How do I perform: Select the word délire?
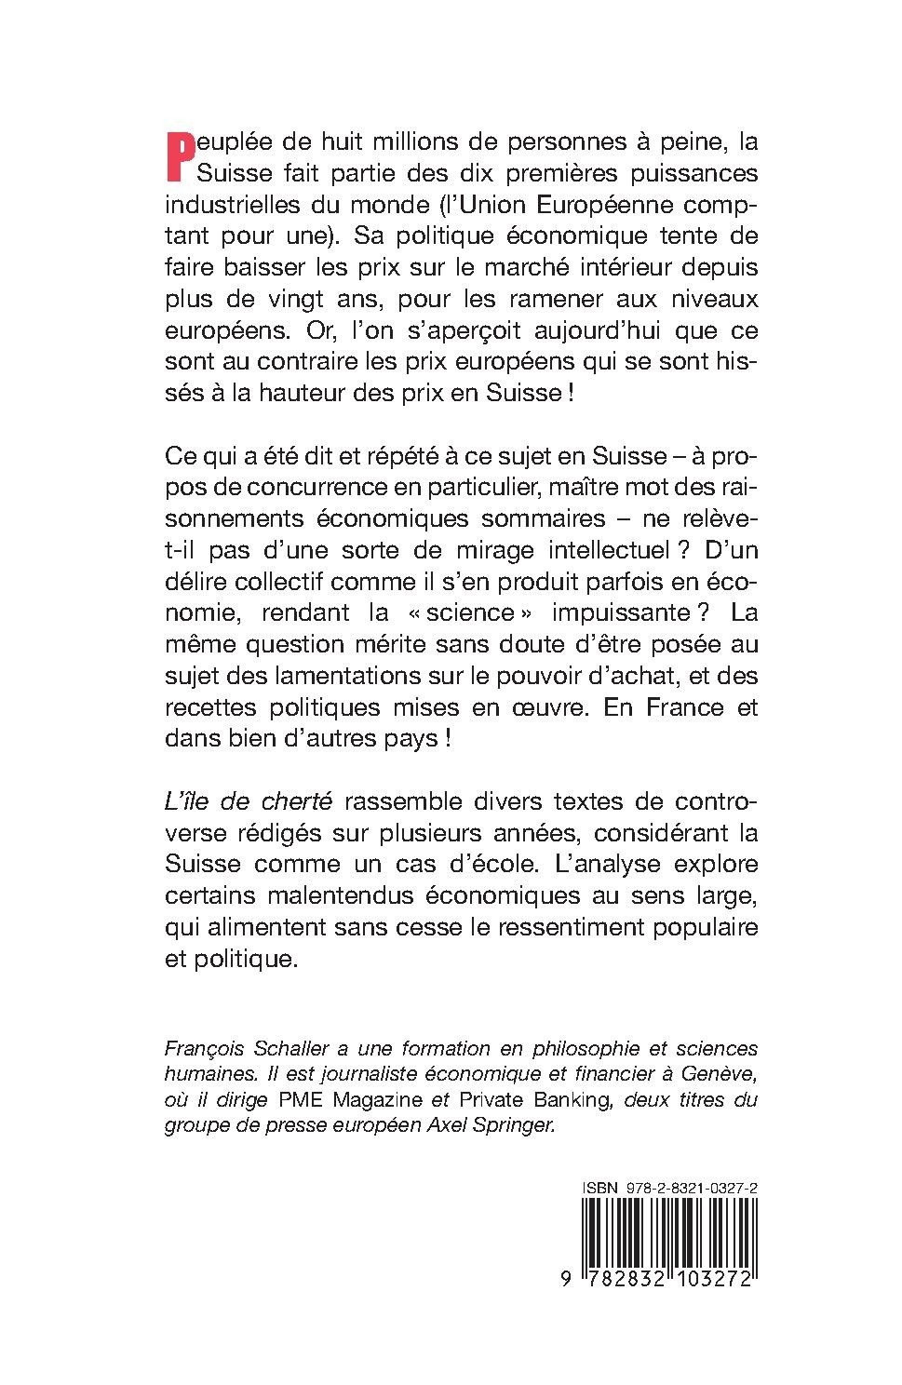193,581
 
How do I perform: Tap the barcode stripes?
666,1232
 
